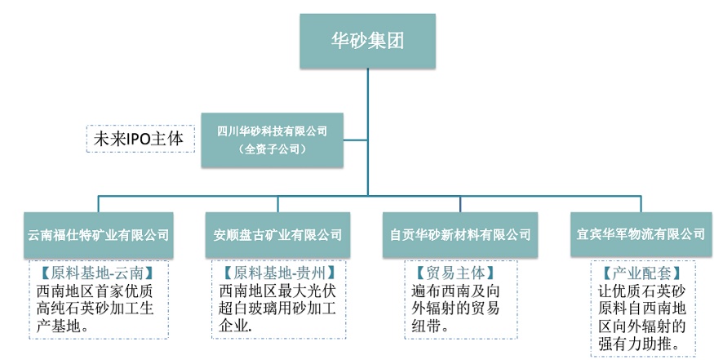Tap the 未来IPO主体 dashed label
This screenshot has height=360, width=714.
click(x=140, y=139)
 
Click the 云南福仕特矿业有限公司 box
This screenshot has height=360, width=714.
click(x=99, y=235)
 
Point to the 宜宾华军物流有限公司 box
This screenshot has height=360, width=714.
click(x=640, y=234)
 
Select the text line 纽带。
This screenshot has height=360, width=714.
click(x=431, y=326)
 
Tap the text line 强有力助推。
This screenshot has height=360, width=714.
click(x=640, y=344)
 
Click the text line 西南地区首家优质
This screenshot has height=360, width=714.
click(x=97, y=290)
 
